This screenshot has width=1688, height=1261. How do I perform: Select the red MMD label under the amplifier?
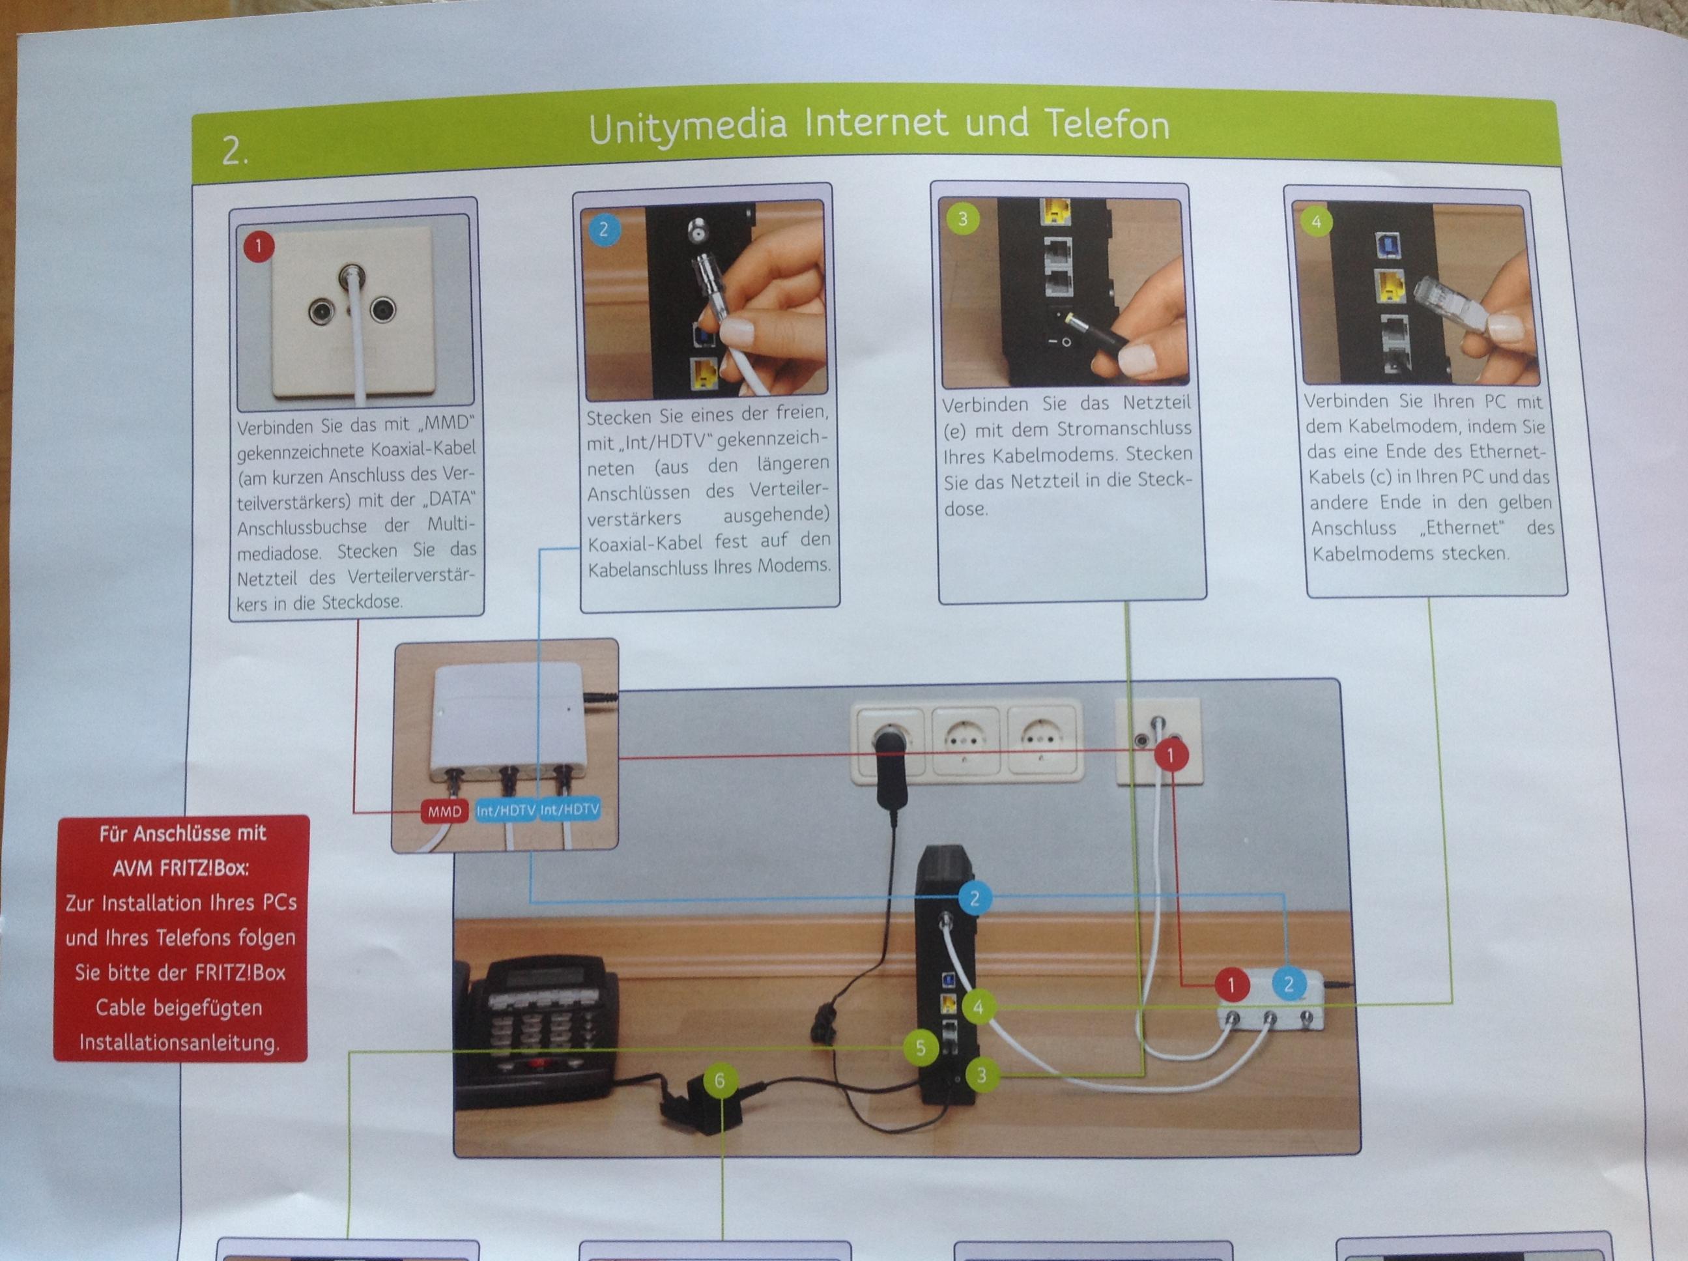444,811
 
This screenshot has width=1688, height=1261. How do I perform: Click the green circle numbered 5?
921,1048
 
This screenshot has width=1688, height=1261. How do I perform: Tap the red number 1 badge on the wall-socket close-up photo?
259,246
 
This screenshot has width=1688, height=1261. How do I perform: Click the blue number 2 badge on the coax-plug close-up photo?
604,229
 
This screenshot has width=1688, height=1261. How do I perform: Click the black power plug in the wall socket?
890,767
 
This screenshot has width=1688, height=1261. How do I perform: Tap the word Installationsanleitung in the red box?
179,1043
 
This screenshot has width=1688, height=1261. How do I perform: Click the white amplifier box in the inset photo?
509,723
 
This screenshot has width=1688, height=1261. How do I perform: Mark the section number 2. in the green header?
235,151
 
